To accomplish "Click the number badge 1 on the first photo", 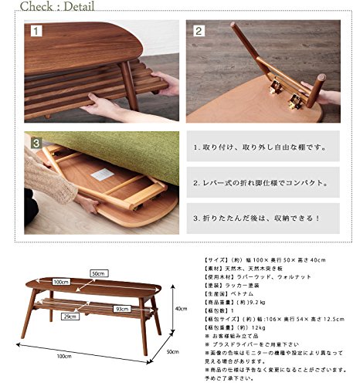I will pyautogui.click(x=36, y=32).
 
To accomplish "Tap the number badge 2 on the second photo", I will pyautogui.click(x=199, y=32).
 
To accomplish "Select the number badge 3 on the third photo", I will pyautogui.click(x=36, y=143).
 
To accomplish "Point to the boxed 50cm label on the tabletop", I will pyautogui.click(x=97, y=273).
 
